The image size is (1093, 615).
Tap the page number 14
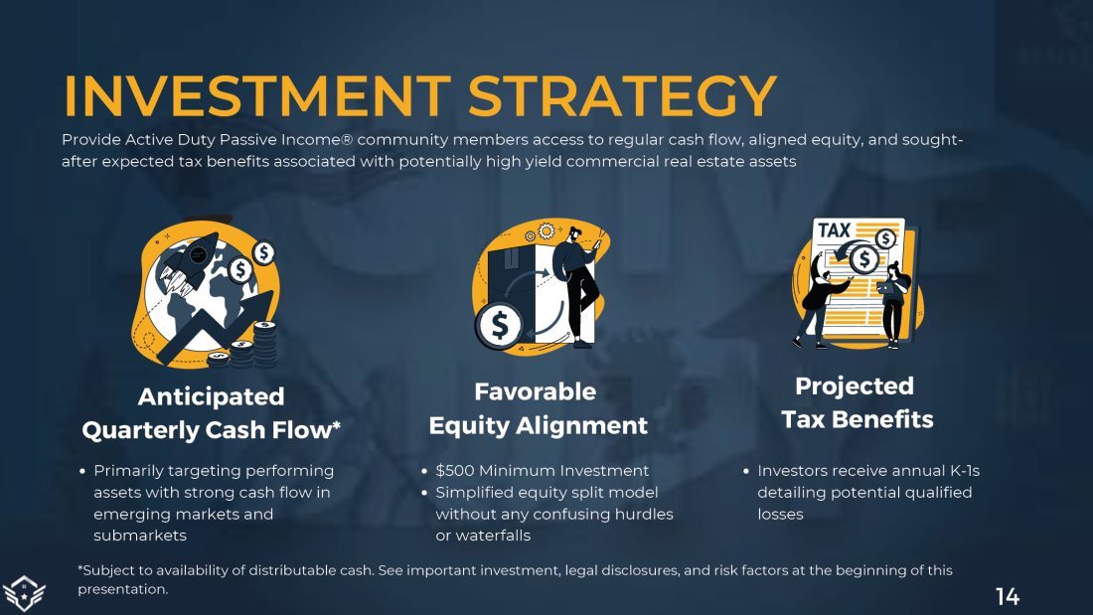click(x=1008, y=597)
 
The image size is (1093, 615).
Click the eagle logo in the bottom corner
click(x=23, y=594)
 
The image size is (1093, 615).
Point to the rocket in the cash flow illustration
click(x=187, y=263)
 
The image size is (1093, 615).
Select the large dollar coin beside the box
click(x=499, y=325)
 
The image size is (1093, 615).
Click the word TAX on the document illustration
click(x=835, y=231)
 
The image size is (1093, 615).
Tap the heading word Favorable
click(x=535, y=391)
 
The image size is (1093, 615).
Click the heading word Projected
click(x=854, y=386)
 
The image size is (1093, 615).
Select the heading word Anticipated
click(x=212, y=396)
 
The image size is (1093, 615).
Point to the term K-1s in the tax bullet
click(x=965, y=471)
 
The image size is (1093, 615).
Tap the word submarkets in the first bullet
click(x=140, y=536)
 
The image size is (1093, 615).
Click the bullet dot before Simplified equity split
click(x=424, y=493)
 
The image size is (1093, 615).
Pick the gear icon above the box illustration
click(x=546, y=231)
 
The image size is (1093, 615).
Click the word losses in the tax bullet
click(x=780, y=515)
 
